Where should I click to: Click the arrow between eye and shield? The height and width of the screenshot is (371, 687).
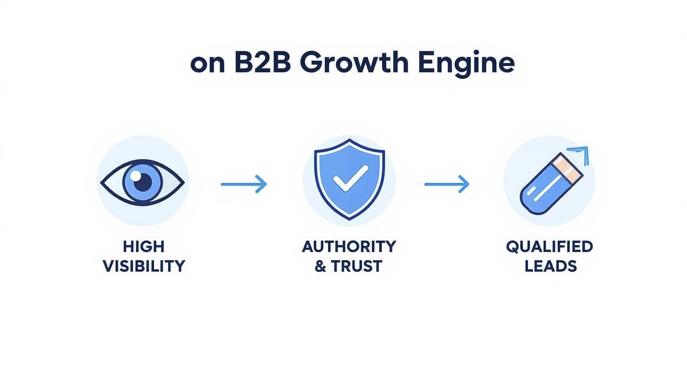244,184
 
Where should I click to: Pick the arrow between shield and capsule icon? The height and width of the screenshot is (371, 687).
447,184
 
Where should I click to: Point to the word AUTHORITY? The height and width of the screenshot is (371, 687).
348,246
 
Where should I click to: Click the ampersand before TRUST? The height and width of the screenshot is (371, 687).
320,266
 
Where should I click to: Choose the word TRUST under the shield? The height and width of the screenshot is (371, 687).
357,266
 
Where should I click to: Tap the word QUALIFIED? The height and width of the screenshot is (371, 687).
549,246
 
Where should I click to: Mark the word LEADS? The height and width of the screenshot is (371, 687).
551,266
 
